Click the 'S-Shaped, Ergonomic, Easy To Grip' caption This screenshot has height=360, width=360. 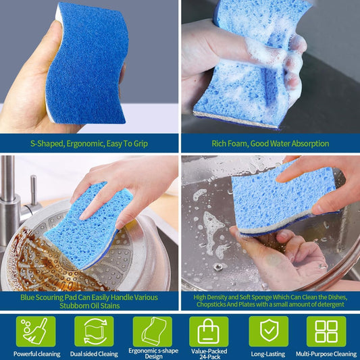(x=89, y=143)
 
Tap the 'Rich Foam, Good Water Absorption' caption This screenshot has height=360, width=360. (x=270, y=143)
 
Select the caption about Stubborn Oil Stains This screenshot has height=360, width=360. (x=89, y=301)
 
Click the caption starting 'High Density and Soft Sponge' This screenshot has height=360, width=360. (x=270, y=301)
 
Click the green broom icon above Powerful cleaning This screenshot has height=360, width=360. (x=36, y=331)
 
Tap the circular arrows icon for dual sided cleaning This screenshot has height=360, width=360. (x=94, y=331)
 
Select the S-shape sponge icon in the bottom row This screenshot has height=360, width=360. (x=152, y=331)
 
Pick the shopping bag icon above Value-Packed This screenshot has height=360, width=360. (x=209, y=331)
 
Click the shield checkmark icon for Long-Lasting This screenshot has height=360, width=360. (x=267, y=331)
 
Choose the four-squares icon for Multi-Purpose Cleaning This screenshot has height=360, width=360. (x=326, y=331)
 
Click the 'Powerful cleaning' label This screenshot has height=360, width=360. (x=36, y=353)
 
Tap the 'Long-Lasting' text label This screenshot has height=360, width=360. (x=268, y=353)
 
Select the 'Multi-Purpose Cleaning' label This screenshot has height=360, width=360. (x=326, y=353)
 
